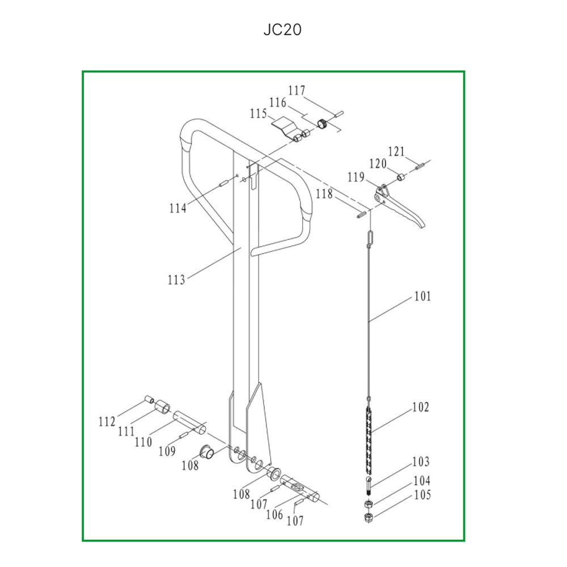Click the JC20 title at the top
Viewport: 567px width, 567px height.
tap(282, 29)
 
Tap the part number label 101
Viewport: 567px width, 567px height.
tap(422, 297)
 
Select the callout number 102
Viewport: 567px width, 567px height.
tap(421, 407)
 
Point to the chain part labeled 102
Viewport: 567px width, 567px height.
tap(369, 440)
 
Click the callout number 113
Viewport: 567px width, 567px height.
tap(176, 280)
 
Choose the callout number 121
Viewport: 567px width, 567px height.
tap(396, 151)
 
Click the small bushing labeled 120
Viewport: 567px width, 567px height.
tap(401, 177)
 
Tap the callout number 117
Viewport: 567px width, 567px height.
tap(297, 90)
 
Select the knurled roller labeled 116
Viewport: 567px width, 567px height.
tap(323, 124)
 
